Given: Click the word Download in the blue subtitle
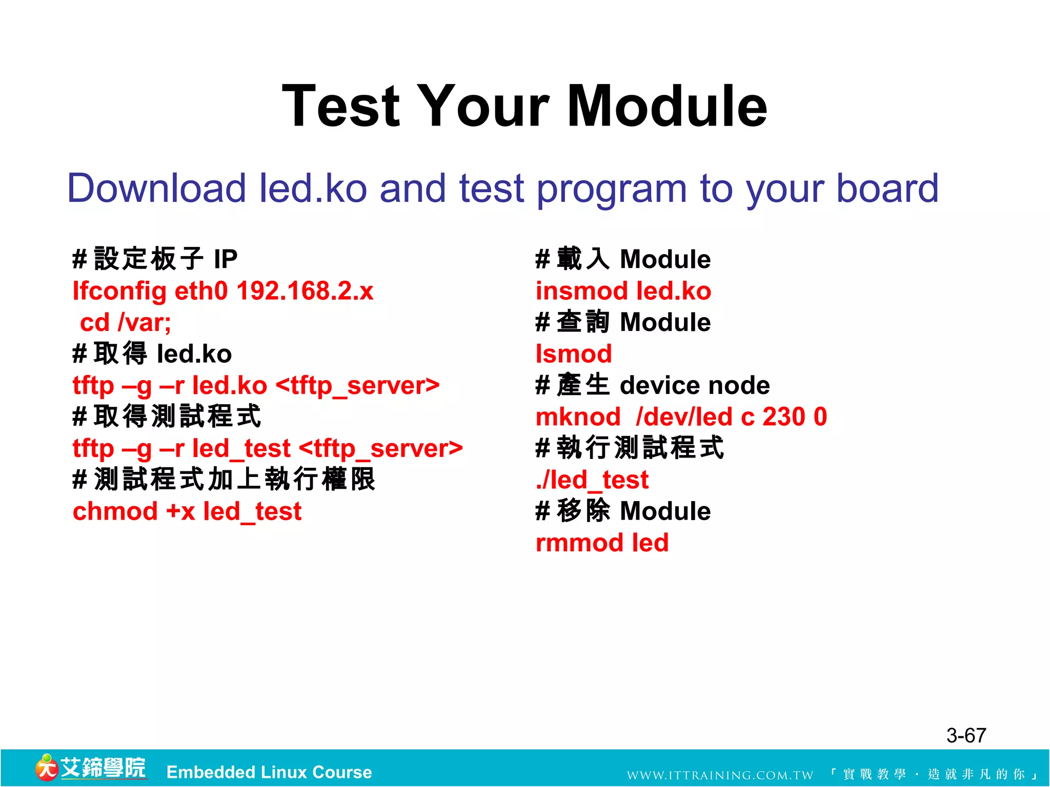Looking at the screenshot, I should pos(156,188).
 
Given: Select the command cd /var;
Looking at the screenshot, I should pos(125,323).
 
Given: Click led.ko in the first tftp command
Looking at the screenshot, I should pos(229,386).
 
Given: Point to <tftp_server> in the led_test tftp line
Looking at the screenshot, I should pos(380,449).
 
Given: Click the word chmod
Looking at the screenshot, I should pos(115,511).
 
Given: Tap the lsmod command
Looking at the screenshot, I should pos(573,354).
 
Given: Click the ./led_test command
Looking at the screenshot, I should pos(592,480).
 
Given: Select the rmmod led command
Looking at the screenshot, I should pos(602,543).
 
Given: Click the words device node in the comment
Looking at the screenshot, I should pos(694,385).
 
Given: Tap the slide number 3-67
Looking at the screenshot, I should pos(966,736).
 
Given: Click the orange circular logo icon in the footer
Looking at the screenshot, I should pos(47,768).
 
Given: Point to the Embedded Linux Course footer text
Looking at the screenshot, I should pos(269,772).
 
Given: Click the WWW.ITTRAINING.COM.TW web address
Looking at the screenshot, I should pos(720,775).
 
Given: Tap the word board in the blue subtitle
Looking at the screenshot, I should pos(887,188).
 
